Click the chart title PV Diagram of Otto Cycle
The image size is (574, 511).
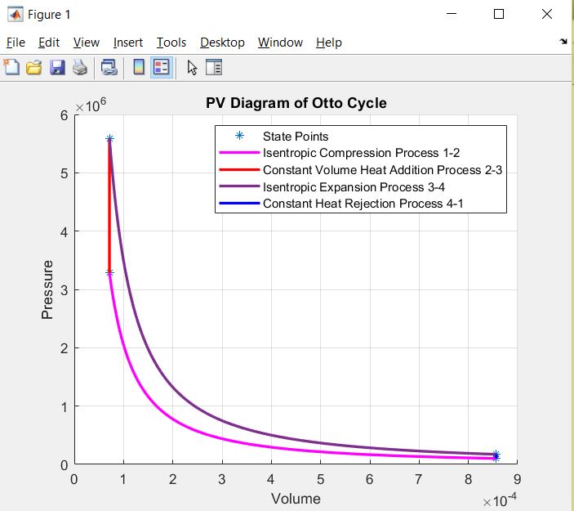click(296, 103)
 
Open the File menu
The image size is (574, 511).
click(16, 43)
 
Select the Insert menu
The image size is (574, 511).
click(128, 43)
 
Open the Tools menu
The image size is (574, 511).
click(171, 43)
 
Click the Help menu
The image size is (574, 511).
click(329, 43)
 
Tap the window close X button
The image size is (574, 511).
click(546, 14)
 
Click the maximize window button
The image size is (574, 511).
click(499, 14)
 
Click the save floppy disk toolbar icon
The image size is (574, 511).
click(57, 68)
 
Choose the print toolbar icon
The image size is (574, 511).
click(79, 68)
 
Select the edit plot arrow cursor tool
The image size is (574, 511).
click(192, 68)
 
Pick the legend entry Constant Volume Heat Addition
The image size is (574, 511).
click(382, 170)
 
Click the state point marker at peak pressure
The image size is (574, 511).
click(109, 139)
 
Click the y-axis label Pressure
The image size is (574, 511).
click(47, 289)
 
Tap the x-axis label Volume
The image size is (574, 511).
click(296, 499)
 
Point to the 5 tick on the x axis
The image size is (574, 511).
click(320, 479)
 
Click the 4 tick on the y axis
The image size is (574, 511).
click(63, 231)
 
